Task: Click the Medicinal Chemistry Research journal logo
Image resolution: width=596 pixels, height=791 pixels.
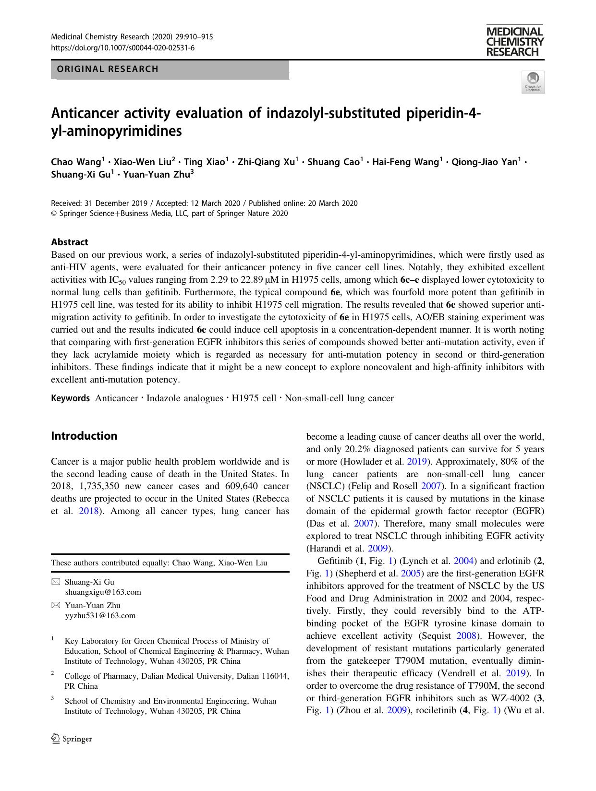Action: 514,42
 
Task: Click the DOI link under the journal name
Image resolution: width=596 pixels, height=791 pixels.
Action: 123,48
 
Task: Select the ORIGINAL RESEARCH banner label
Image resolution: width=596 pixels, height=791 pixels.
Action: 108,69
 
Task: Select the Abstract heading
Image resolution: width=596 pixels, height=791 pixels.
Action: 70,242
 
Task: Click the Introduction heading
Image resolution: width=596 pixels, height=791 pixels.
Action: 84,436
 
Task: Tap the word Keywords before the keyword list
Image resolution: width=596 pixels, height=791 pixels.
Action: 71,398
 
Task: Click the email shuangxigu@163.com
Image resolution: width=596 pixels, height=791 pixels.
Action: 103,592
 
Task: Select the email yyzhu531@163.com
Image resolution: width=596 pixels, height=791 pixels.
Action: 100,615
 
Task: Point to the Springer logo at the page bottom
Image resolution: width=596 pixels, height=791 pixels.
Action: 72,739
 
